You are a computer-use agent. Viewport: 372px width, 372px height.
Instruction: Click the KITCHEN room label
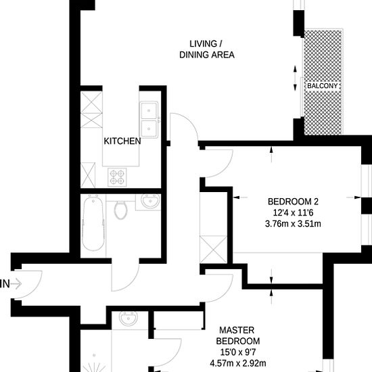(x=122, y=141)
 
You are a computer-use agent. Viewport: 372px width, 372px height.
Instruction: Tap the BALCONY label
(x=322, y=86)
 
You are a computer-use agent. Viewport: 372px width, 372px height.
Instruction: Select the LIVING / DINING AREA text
(x=207, y=49)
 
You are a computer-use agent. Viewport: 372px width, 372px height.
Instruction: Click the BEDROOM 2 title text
(x=293, y=202)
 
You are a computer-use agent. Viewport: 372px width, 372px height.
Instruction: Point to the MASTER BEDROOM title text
(x=237, y=335)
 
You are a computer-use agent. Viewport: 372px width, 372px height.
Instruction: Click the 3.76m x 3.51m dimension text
(x=293, y=224)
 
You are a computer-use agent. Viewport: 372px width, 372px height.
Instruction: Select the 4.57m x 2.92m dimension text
(x=238, y=363)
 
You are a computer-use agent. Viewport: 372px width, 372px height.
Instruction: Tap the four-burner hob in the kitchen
(x=117, y=177)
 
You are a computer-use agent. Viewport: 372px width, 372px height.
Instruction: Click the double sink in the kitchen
(x=149, y=120)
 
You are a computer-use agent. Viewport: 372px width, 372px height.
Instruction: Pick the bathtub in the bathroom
(x=93, y=223)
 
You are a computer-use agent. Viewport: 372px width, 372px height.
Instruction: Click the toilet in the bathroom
(x=121, y=210)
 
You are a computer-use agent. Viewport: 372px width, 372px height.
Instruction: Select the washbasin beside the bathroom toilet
(x=150, y=202)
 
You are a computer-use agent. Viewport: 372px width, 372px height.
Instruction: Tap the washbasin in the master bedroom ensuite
(x=129, y=319)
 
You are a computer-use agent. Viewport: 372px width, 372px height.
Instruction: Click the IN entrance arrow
(x=16, y=284)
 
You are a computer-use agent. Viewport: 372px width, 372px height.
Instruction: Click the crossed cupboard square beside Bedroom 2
(x=214, y=249)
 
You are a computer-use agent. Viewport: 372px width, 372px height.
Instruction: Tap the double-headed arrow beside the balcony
(x=295, y=78)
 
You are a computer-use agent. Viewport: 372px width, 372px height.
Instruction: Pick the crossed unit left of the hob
(x=88, y=175)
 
